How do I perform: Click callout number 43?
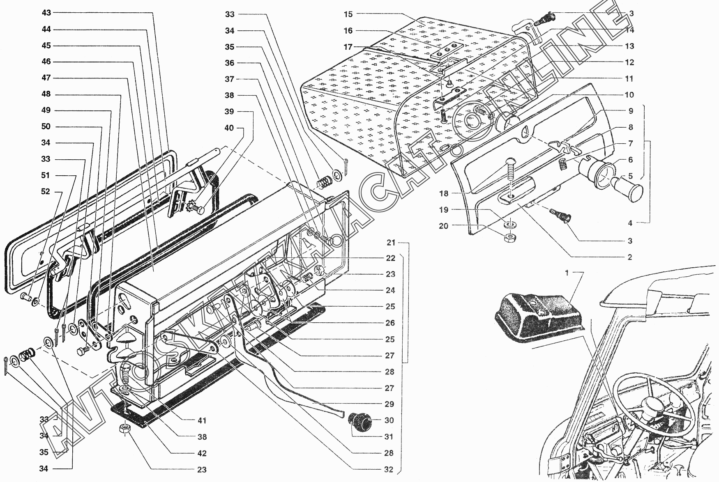(x=46, y=13)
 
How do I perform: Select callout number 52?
(x=45, y=192)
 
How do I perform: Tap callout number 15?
(x=348, y=14)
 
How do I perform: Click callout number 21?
(x=391, y=243)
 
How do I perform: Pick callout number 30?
(x=389, y=420)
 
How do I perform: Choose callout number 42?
(x=201, y=454)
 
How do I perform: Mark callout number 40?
(x=229, y=128)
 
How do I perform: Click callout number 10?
(x=629, y=95)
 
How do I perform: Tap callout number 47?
(x=46, y=78)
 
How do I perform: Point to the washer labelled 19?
(x=509, y=225)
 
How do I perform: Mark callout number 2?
(x=629, y=257)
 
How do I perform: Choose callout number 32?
(x=388, y=470)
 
